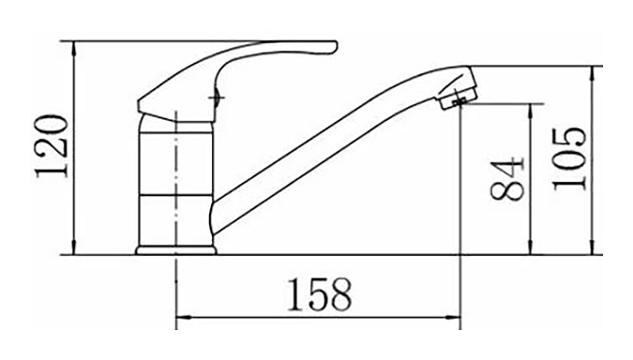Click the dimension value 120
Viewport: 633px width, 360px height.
53,146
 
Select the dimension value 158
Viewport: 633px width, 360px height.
319,294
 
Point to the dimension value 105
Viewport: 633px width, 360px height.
569,158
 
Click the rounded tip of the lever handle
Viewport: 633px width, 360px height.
334,47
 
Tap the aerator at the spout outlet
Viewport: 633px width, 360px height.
459,99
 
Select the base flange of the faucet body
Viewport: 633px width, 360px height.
176,250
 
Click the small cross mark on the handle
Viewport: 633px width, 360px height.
217,97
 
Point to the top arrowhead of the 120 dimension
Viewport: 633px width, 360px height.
74,48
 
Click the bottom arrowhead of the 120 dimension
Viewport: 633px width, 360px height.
74,247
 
